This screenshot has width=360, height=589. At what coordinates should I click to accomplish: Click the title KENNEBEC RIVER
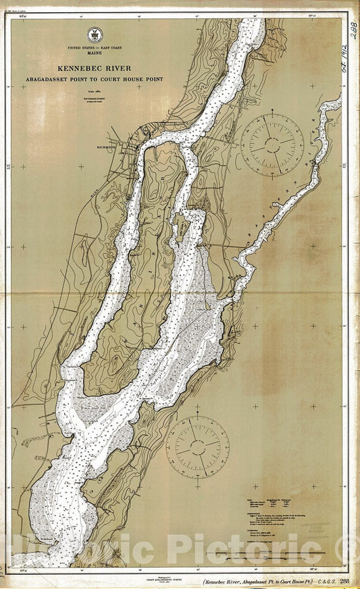[94, 68]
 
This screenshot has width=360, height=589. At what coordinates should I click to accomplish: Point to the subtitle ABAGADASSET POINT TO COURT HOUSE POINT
[94, 79]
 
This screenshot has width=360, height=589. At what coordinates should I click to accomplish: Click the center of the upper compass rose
[272, 143]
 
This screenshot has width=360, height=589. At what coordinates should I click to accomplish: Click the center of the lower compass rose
[197, 446]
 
